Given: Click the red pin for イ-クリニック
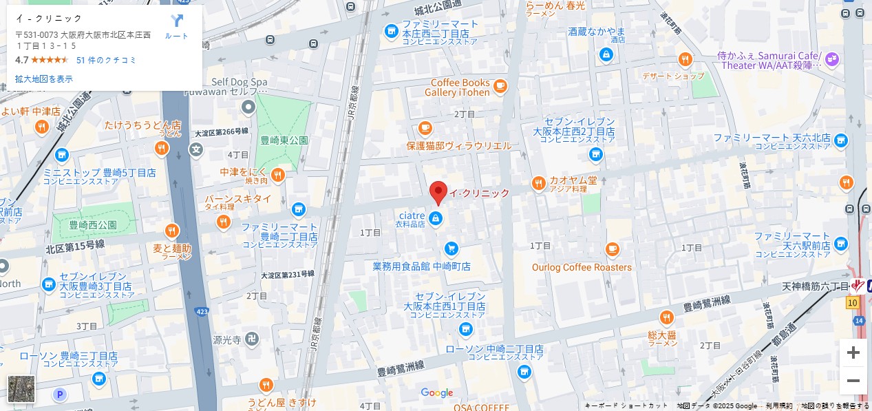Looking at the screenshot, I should pyautogui.click(x=438, y=193).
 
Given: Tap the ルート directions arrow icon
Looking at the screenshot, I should pyautogui.click(x=177, y=21).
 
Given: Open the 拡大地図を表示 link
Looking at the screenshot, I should pyautogui.click(x=44, y=79).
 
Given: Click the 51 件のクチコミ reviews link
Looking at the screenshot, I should pyautogui.click(x=107, y=60).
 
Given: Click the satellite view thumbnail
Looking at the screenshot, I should pyautogui.click(x=21, y=389).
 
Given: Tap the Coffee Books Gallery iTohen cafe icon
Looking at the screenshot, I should pyautogui.click(x=500, y=86).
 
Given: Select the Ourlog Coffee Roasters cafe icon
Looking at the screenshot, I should pyautogui.click(x=612, y=249).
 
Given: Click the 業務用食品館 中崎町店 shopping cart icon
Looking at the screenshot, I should pyautogui.click(x=451, y=249).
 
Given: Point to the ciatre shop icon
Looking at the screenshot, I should pyautogui.click(x=435, y=219).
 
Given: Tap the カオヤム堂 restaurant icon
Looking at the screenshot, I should pyautogui.click(x=539, y=182).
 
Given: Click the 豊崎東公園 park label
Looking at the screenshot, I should pyautogui.click(x=284, y=140).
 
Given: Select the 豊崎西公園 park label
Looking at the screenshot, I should pyautogui.click(x=93, y=224).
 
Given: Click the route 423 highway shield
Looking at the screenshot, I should pyautogui.click(x=202, y=311).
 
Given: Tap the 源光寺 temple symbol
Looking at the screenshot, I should pyautogui.click(x=253, y=339).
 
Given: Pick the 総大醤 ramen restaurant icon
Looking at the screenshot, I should pyautogui.click(x=666, y=317).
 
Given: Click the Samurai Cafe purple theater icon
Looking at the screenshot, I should pyautogui.click(x=832, y=59).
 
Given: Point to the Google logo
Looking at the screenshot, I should pyautogui.click(x=437, y=393).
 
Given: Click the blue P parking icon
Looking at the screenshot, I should pyautogui.click(x=60, y=394).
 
